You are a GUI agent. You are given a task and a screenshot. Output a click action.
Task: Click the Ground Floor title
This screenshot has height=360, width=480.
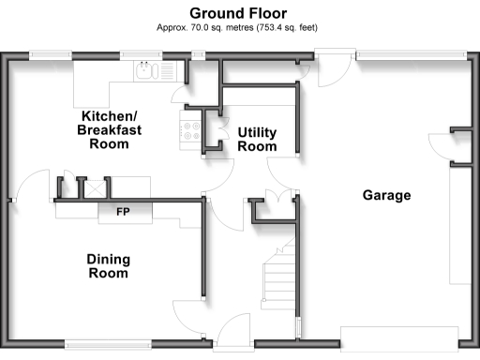coord(240,12)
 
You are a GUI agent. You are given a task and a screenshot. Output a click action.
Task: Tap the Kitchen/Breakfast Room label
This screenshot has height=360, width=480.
coord(109,129)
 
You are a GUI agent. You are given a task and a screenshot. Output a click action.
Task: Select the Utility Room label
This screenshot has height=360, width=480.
coord(257,139)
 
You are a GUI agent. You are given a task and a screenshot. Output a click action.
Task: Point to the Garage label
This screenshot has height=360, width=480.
coord(387,195)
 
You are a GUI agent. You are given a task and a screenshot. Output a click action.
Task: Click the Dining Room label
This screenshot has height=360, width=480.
coord(108,266)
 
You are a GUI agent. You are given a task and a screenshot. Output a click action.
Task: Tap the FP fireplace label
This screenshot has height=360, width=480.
coord(122,212)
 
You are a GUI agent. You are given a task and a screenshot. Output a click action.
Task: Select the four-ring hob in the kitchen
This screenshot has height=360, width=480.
coord(192,132)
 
